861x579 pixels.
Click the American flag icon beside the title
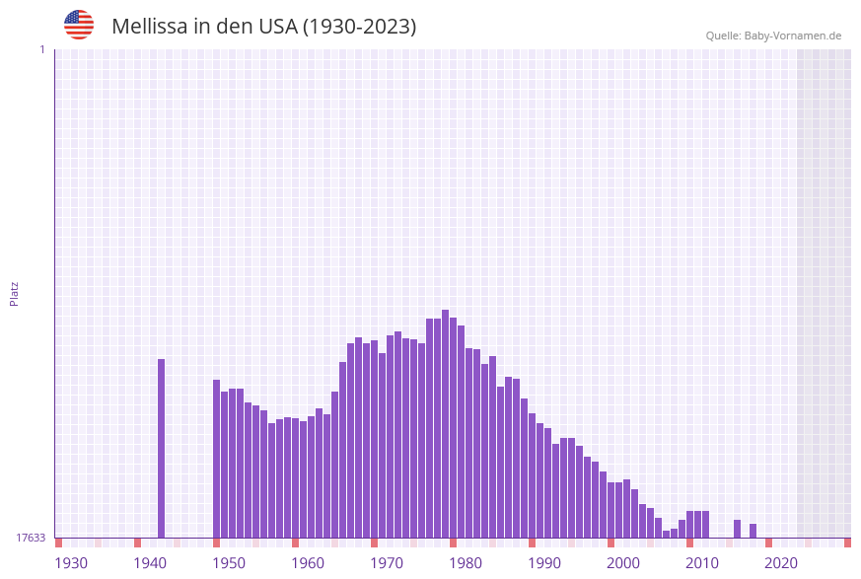tap(79, 25)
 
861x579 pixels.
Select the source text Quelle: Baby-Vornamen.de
tap(773, 36)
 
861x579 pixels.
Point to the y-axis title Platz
tap(15, 293)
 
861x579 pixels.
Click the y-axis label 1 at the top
tap(41, 49)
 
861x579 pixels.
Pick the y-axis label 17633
tap(31, 538)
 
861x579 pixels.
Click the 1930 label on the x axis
tap(71, 563)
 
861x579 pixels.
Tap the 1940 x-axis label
tap(150, 563)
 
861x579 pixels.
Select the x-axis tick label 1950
tap(229, 563)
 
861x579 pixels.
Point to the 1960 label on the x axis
tap(308, 563)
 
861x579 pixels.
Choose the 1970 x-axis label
tap(387, 563)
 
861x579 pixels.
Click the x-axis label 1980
tap(466, 563)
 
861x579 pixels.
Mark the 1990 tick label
tap(544, 563)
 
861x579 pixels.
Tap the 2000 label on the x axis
tap(623, 563)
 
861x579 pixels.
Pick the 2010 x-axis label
tap(702, 563)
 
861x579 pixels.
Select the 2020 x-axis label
tap(781, 563)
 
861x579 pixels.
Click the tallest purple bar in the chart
tap(445, 424)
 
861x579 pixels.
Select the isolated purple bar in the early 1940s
tap(161, 449)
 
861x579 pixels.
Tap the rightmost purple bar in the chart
tap(753, 531)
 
